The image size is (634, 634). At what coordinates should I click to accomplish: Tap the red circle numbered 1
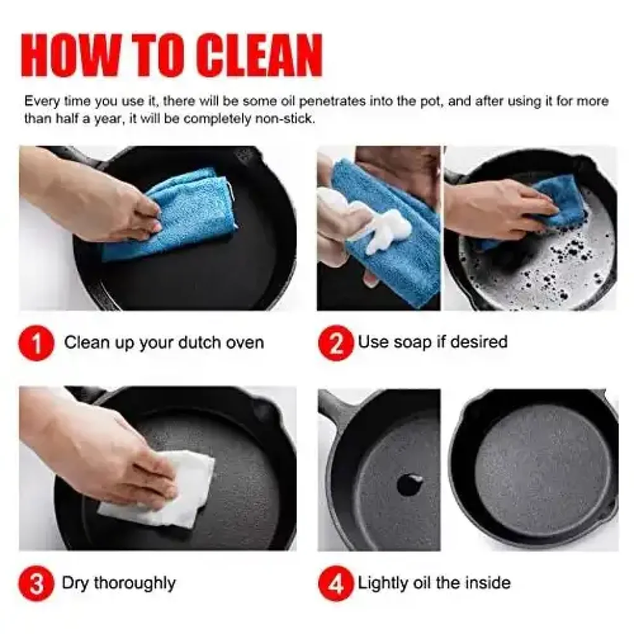(x=37, y=343)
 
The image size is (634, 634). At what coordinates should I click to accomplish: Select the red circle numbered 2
(x=336, y=343)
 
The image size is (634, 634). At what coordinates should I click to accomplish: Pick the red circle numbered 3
(x=37, y=583)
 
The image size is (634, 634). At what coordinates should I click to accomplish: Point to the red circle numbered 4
(x=336, y=583)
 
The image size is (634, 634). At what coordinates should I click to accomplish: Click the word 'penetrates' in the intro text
(x=332, y=101)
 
